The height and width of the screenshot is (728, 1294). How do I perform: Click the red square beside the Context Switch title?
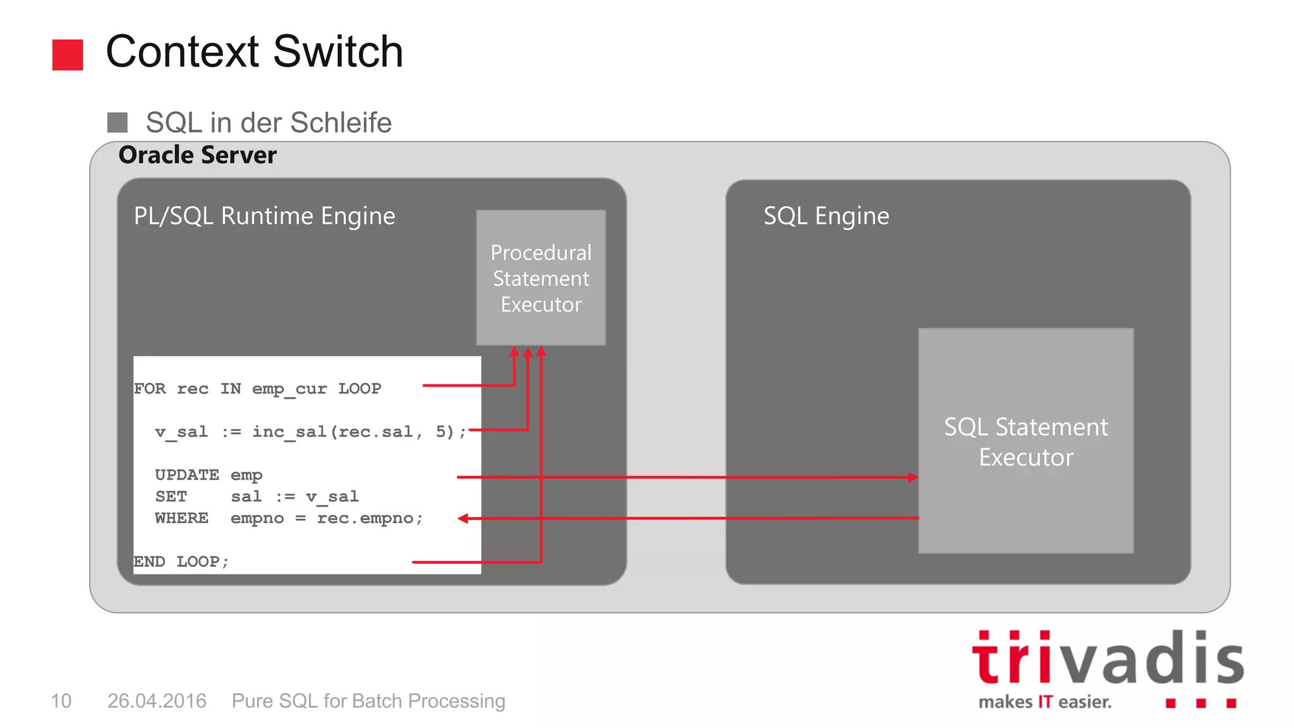pyautogui.click(x=68, y=54)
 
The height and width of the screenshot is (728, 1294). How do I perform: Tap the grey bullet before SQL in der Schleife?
pyautogui.click(x=118, y=123)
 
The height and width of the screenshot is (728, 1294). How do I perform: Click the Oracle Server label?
pyautogui.click(x=197, y=155)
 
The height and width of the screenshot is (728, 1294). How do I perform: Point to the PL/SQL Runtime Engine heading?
pyautogui.click(x=264, y=216)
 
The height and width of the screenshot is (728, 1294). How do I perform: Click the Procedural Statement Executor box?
pyautogui.click(x=541, y=278)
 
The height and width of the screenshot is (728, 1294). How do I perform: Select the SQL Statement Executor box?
pyautogui.click(x=1025, y=441)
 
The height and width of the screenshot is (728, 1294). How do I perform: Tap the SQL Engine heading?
pyautogui.click(x=826, y=216)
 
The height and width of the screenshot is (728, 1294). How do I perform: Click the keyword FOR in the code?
pyautogui.click(x=150, y=389)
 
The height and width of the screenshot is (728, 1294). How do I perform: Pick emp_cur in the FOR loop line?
pyautogui.click(x=289, y=389)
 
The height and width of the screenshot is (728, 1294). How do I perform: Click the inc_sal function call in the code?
pyautogui.click(x=289, y=432)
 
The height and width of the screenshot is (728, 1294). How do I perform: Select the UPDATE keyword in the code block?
pyautogui.click(x=187, y=475)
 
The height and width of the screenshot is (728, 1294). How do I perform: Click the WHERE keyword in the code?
pyautogui.click(x=181, y=518)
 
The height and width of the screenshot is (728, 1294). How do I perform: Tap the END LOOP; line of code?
pyautogui.click(x=181, y=562)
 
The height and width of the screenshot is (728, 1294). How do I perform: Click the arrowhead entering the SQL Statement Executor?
pyautogui.click(x=913, y=477)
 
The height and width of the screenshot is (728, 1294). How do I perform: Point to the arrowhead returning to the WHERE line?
pyautogui.click(x=463, y=519)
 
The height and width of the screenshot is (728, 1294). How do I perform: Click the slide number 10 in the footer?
pyautogui.click(x=61, y=701)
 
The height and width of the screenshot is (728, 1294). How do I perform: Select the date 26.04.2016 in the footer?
pyautogui.click(x=157, y=701)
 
